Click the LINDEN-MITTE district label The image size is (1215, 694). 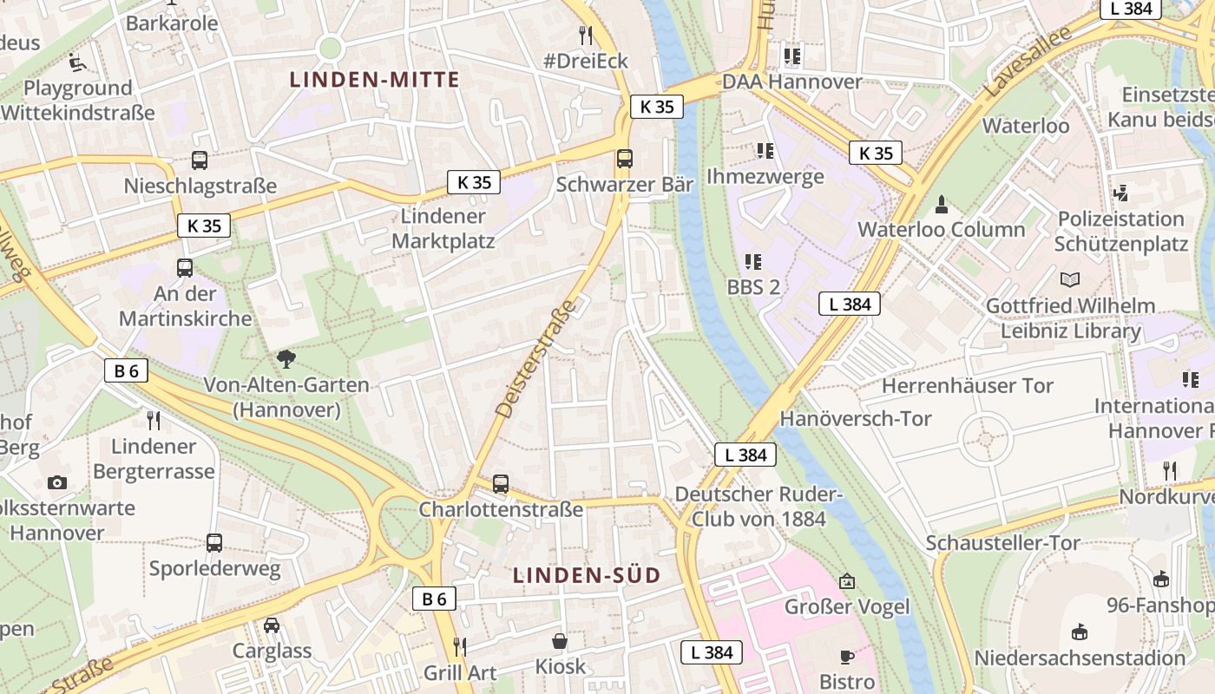pos(374,80)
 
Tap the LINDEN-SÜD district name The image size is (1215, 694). pos(587,575)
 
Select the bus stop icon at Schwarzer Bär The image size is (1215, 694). pos(624,159)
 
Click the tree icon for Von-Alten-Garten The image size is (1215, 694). pos(286,358)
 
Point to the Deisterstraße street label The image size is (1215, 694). pos(535,358)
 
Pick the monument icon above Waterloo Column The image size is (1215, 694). pos(941,205)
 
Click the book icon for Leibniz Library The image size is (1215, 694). pos(1070,280)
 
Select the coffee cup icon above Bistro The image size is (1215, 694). pos(846,657)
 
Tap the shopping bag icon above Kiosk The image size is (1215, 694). pos(560,642)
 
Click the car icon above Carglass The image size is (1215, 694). pos(272,625)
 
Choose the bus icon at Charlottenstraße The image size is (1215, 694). pos(501,484)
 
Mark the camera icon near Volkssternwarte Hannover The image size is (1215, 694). pos(57,482)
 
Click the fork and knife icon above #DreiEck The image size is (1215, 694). pos(586,35)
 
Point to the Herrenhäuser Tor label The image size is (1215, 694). pos(967,385)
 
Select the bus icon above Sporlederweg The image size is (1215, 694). pos(213,543)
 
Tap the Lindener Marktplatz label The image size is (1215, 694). pos(443,228)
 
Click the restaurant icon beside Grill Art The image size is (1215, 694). pos(460,647)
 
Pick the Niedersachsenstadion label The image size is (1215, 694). pos(1080,658)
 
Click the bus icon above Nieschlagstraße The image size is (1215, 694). pos(200,160)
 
